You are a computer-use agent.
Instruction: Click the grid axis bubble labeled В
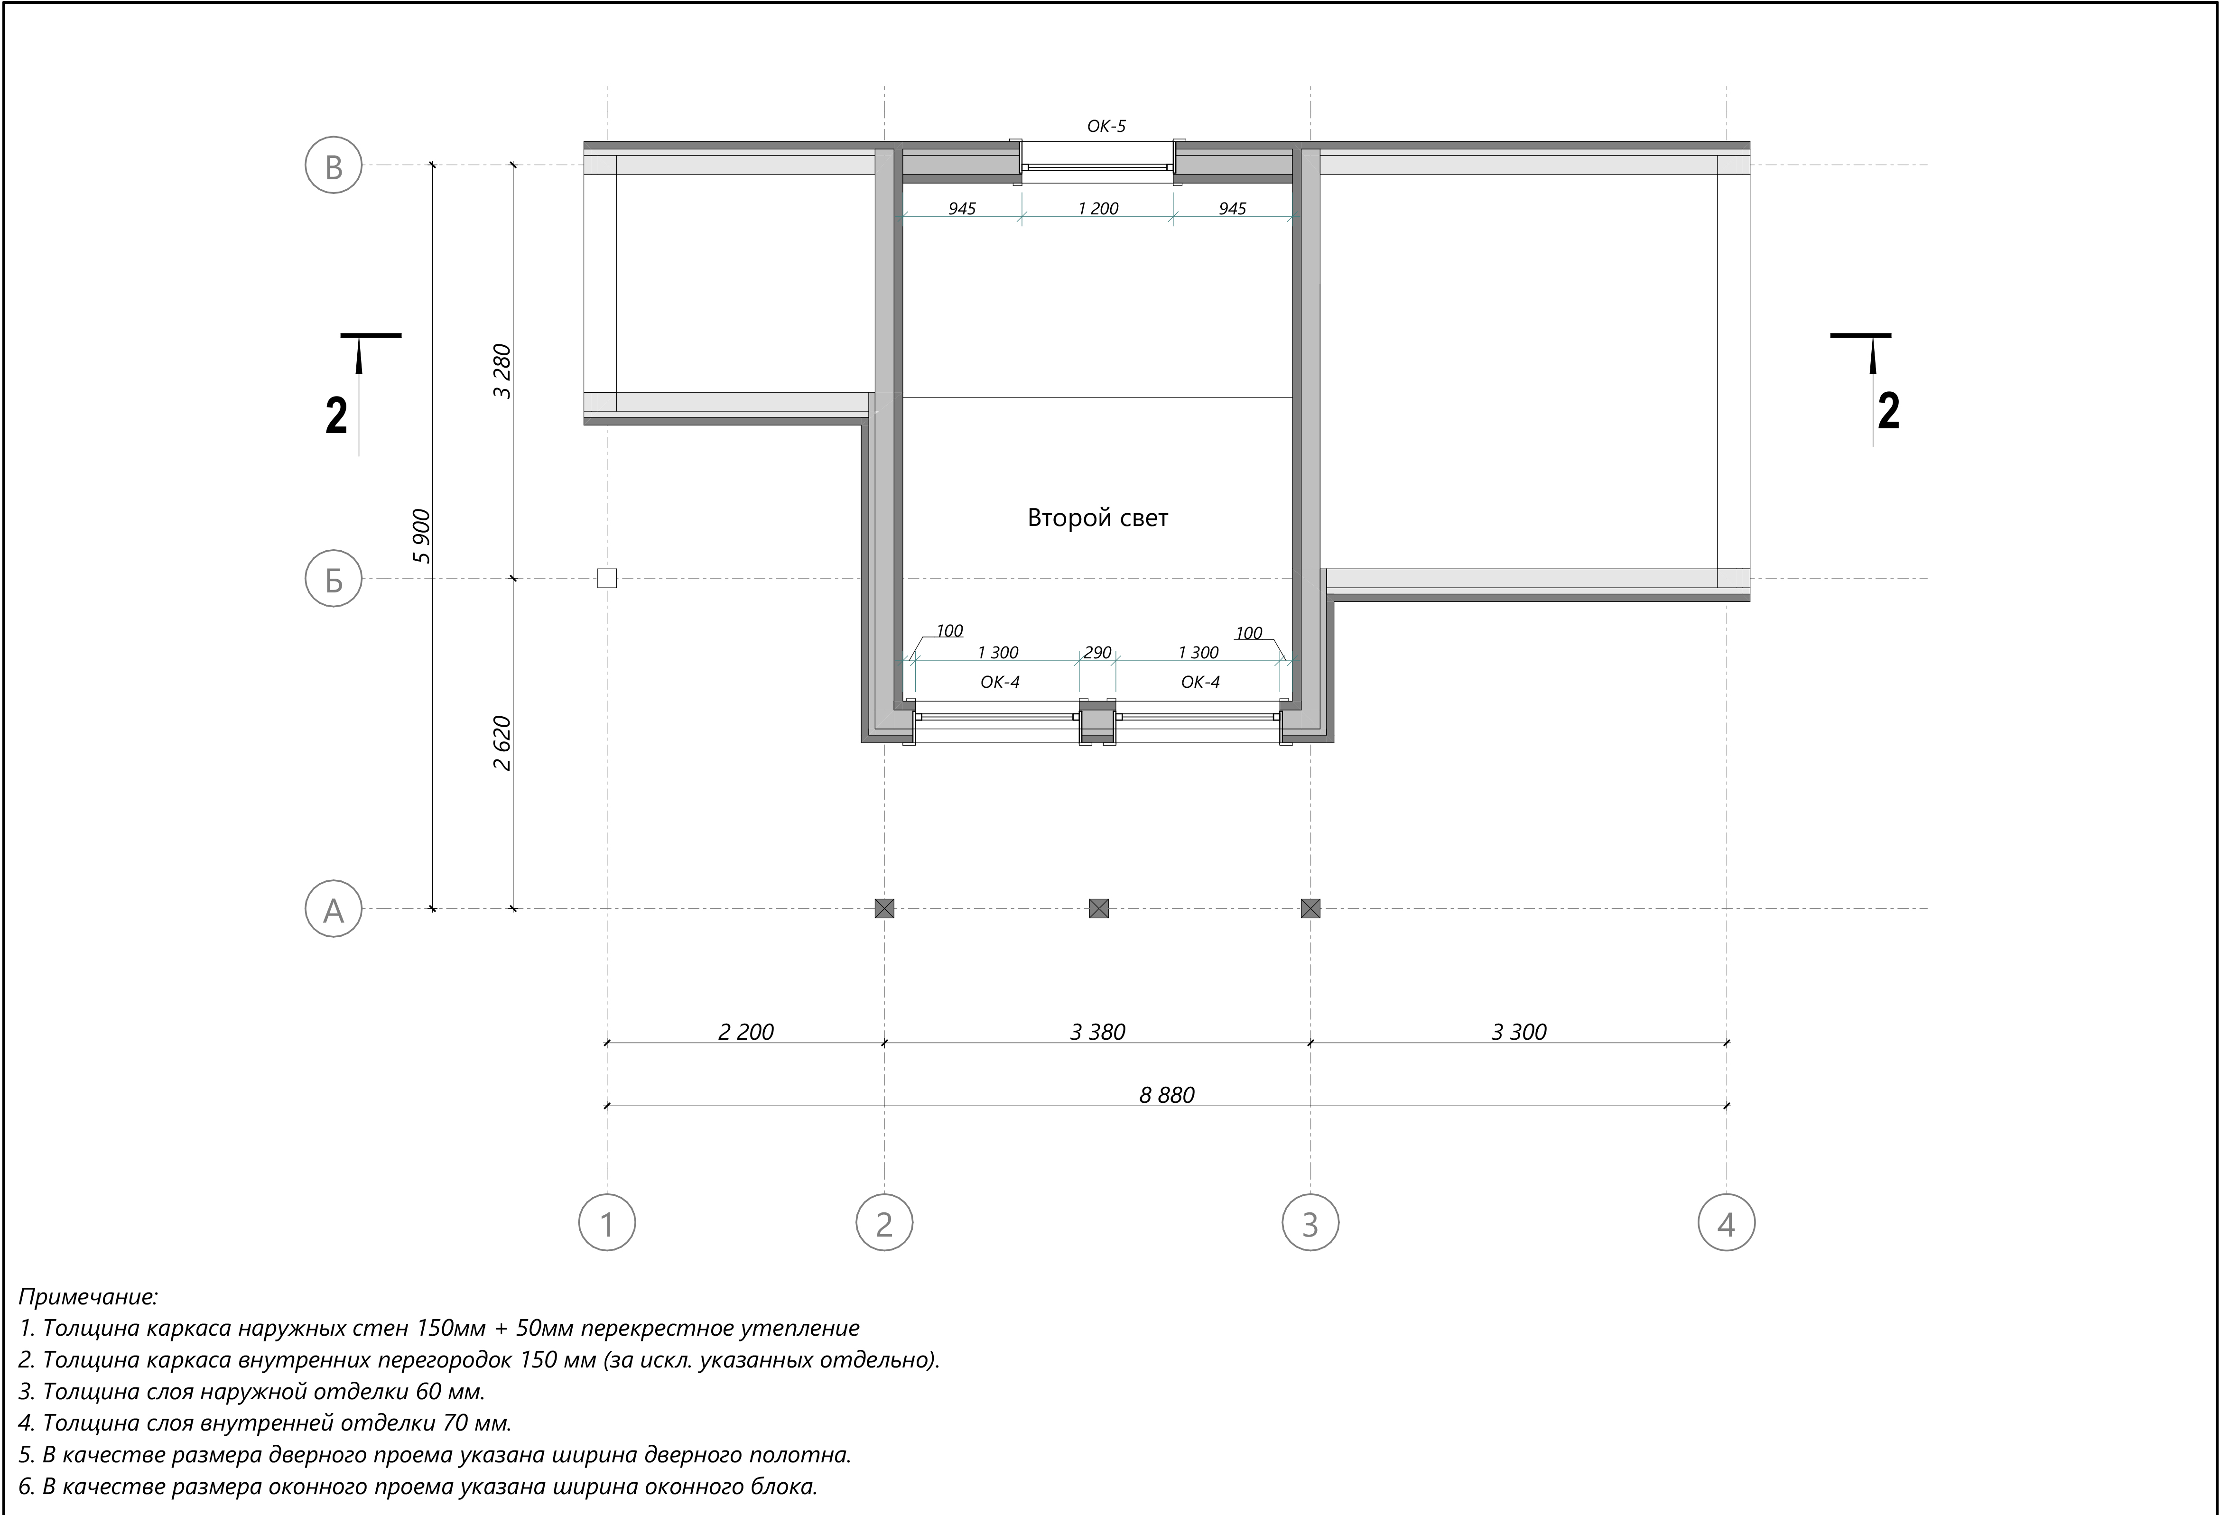click(334, 165)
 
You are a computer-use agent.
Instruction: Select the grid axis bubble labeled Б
click(334, 579)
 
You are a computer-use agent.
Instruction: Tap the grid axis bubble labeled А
click(334, 908)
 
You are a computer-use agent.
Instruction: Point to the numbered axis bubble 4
click(1726, 1223)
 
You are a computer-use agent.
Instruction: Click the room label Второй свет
click(1097, 518)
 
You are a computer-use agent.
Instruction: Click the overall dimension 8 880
click(1166, 1095)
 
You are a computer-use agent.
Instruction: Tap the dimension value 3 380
click(1097, 1032)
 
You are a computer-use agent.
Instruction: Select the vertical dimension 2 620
click(502, 743)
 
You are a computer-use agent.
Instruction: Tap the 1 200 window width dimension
click(1097, 208)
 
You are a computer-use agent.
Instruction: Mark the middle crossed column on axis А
click(1098, 908)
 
